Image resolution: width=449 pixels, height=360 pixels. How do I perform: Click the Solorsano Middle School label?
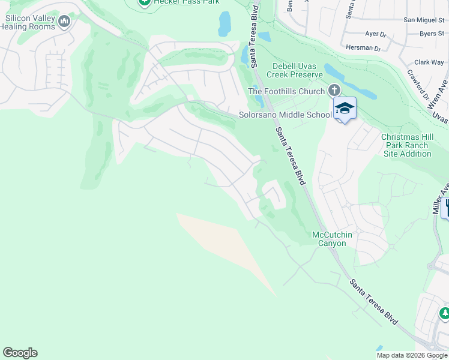point(285,115)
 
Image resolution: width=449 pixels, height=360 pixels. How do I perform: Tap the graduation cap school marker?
point(345,108)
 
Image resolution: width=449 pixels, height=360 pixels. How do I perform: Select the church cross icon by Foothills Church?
point(334,91)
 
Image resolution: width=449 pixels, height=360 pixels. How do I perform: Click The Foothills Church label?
point(286,91)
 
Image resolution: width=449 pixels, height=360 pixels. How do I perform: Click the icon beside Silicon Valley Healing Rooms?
point(64,22)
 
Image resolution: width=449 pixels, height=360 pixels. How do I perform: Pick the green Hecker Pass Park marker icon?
point(144,2)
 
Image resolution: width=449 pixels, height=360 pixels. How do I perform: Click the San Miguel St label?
point(424,20)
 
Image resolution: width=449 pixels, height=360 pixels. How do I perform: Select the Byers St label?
point(432,34)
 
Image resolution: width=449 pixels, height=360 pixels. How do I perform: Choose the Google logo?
point(20,353)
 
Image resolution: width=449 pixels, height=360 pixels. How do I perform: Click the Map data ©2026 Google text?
point(411,355)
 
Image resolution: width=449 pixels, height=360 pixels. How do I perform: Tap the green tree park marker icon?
point(445,313)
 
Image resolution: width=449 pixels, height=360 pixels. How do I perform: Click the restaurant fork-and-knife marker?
point(445,208)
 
